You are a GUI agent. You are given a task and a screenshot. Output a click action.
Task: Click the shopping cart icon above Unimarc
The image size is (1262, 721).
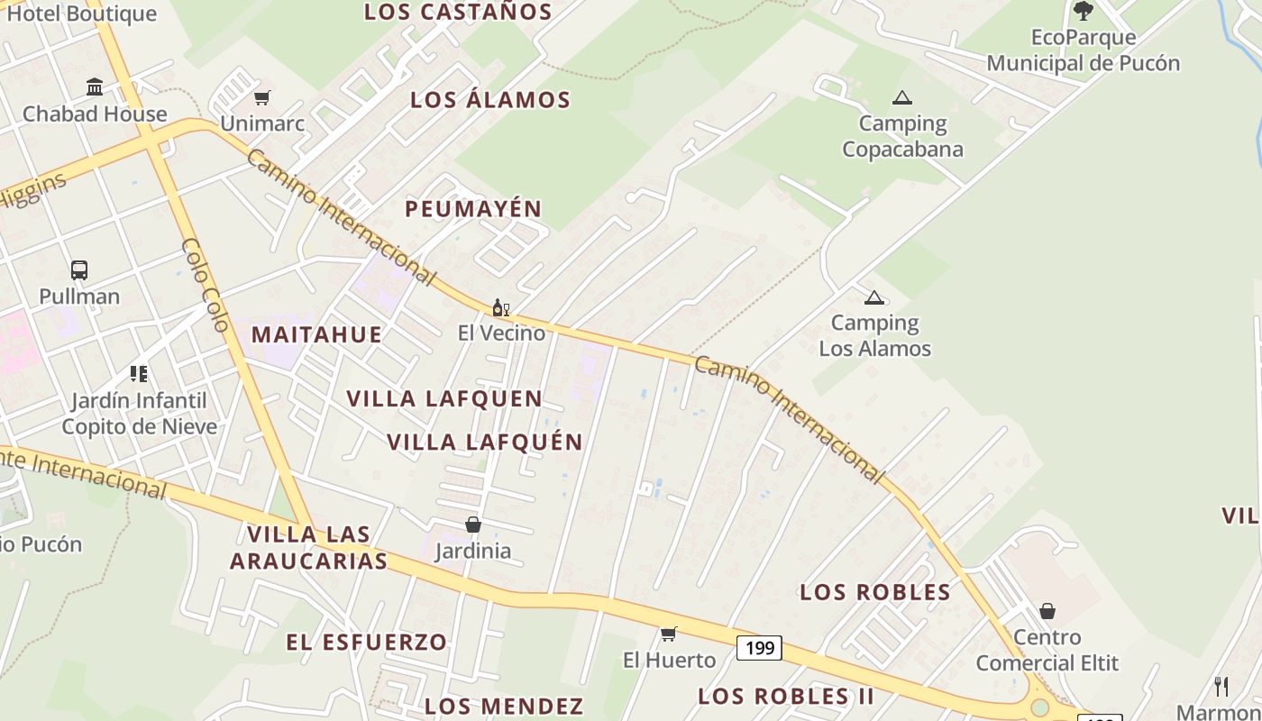click(x=261, y=97)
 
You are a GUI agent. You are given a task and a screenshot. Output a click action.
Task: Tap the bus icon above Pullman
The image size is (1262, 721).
click(x=79, y=269)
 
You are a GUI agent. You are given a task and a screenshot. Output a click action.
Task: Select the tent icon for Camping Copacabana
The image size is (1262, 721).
click(x=901, y=97)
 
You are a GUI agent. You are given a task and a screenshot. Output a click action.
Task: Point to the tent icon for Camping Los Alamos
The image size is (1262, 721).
click(x=873, y=297)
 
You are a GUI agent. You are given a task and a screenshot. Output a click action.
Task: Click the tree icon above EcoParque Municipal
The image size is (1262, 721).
click(x=1084, y=11)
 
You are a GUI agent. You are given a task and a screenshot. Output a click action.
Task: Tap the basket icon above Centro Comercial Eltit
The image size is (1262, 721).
click(x=1047, y=611)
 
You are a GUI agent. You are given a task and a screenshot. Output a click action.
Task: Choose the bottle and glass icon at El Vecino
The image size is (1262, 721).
click(x=501, y=307)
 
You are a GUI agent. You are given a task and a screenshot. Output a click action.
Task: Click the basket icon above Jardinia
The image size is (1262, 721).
click(x=473, y=524)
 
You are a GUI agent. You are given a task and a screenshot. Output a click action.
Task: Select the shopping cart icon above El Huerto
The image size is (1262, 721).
click(x=669, y=634)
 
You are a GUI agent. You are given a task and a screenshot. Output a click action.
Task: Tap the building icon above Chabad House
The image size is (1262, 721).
click(x=95, y=87)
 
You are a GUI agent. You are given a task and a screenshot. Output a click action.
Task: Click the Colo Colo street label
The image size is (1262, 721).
click(x=205, y=285)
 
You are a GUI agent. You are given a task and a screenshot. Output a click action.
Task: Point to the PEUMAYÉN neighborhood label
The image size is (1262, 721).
click(x=473, y=209)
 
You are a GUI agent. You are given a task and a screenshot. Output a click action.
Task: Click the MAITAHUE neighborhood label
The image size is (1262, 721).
click(x=316, y=334)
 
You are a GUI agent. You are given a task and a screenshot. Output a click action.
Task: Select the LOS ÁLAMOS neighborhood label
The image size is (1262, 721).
click(x=490, y=99)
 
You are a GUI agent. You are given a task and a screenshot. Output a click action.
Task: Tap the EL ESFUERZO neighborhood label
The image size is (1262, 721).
click(x=366, y=642)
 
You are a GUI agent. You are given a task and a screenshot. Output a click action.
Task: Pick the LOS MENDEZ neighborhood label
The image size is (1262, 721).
click(x=504, y=705)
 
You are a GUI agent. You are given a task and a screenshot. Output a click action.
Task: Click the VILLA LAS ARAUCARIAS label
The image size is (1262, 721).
click(x=308, y=547)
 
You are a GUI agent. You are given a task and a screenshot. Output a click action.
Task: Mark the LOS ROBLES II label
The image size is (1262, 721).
click(x=786, y=696)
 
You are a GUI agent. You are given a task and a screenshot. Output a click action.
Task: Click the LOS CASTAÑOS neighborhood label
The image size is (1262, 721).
click(x=458, y=12)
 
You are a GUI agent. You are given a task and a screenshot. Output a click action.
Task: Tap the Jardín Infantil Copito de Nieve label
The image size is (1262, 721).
click(x=139, y=413)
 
